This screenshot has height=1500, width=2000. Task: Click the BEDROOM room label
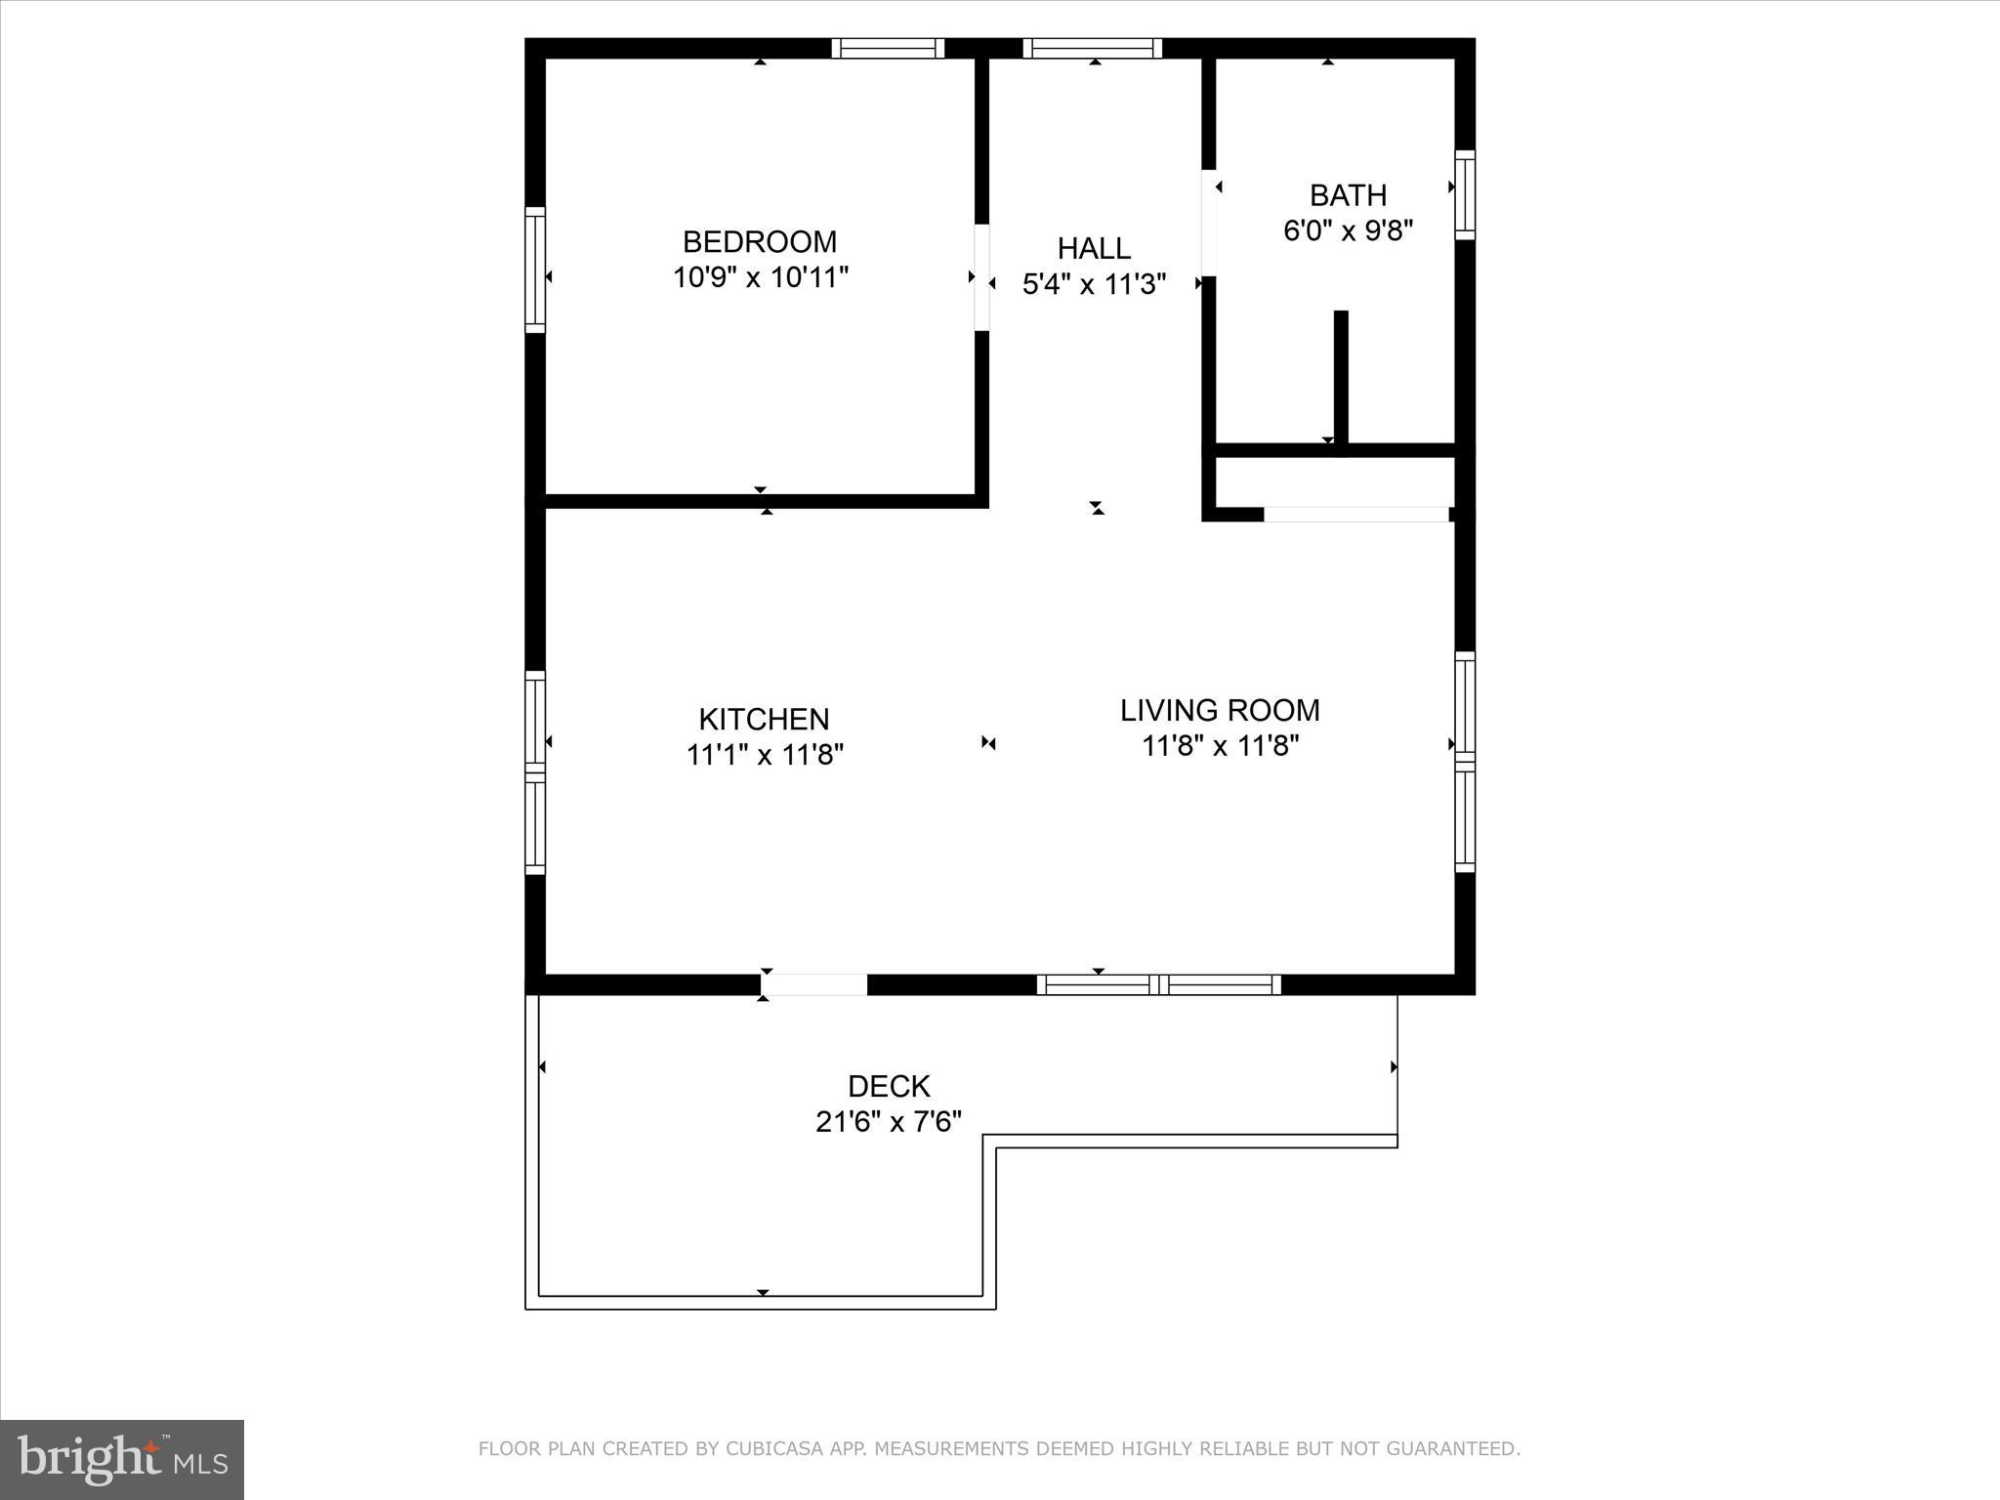(x=760, y=241)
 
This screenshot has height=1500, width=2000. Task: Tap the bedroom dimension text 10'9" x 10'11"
(x=760, y=277)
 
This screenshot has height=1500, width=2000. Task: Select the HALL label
(x=1094, y=248)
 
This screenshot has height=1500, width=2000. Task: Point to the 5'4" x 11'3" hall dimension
(x=1094, y=284)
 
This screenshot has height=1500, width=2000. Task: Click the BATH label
(x=1348, y=195)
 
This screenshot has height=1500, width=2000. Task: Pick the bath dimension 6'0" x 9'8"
(x=1348, y=230)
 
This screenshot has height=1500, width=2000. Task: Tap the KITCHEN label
(x=764, y=719)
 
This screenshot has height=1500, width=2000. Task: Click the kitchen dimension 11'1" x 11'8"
(x=764, y=755)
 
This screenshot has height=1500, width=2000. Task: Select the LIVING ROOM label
(x=1220, y=710)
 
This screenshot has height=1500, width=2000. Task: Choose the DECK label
(x=889, y=1086)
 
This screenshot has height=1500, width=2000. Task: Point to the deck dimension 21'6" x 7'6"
(x=889, y=1122)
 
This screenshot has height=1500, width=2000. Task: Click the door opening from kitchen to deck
(x=814, y=984)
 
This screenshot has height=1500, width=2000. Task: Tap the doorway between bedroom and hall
(x=982, y=277)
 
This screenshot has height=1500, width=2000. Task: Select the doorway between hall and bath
(x=1209, y=223)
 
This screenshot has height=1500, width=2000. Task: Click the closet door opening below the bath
(x=1355, y=514)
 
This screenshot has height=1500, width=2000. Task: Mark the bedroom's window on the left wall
(x=535, y=270)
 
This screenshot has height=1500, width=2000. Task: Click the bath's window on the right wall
(x=1465, y=194)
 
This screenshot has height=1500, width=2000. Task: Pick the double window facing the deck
(x=1158, y=984)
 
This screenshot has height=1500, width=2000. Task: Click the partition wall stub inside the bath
(x=1341, y=377)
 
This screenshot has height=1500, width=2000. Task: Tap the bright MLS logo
(x=122, y=1459)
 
